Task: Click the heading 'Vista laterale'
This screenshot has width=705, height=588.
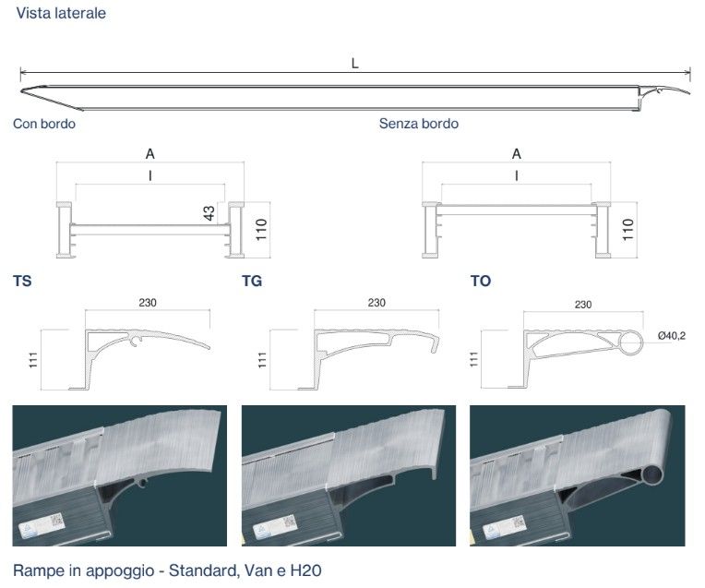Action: [x=61, y=13]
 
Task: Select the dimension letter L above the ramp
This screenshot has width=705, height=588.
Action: [x=354, y=64]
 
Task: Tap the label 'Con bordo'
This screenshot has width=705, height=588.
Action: [x=44, y=124]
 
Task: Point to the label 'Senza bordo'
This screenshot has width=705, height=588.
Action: [x=419, y=124]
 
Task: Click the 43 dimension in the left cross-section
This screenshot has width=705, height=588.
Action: [x=209, y=213]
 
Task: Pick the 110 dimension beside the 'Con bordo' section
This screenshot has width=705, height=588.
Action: [x=261, y=230]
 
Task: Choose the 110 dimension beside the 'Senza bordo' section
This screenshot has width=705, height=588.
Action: [x=627, y=230]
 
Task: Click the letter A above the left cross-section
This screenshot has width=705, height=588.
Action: [x=150, y=154]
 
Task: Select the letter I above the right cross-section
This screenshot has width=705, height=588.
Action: [x=517, y=175]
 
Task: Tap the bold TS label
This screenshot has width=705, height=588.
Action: [x=22, y=282]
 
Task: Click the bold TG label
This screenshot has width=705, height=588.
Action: [x=252, y=282]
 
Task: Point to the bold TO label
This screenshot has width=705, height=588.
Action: [x=481, y=282]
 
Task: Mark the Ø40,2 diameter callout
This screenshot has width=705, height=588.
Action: [x=671, y=336]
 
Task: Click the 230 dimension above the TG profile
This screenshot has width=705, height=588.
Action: [x=376, y=303]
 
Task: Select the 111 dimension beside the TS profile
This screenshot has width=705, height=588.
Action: [x=33, y=360]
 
